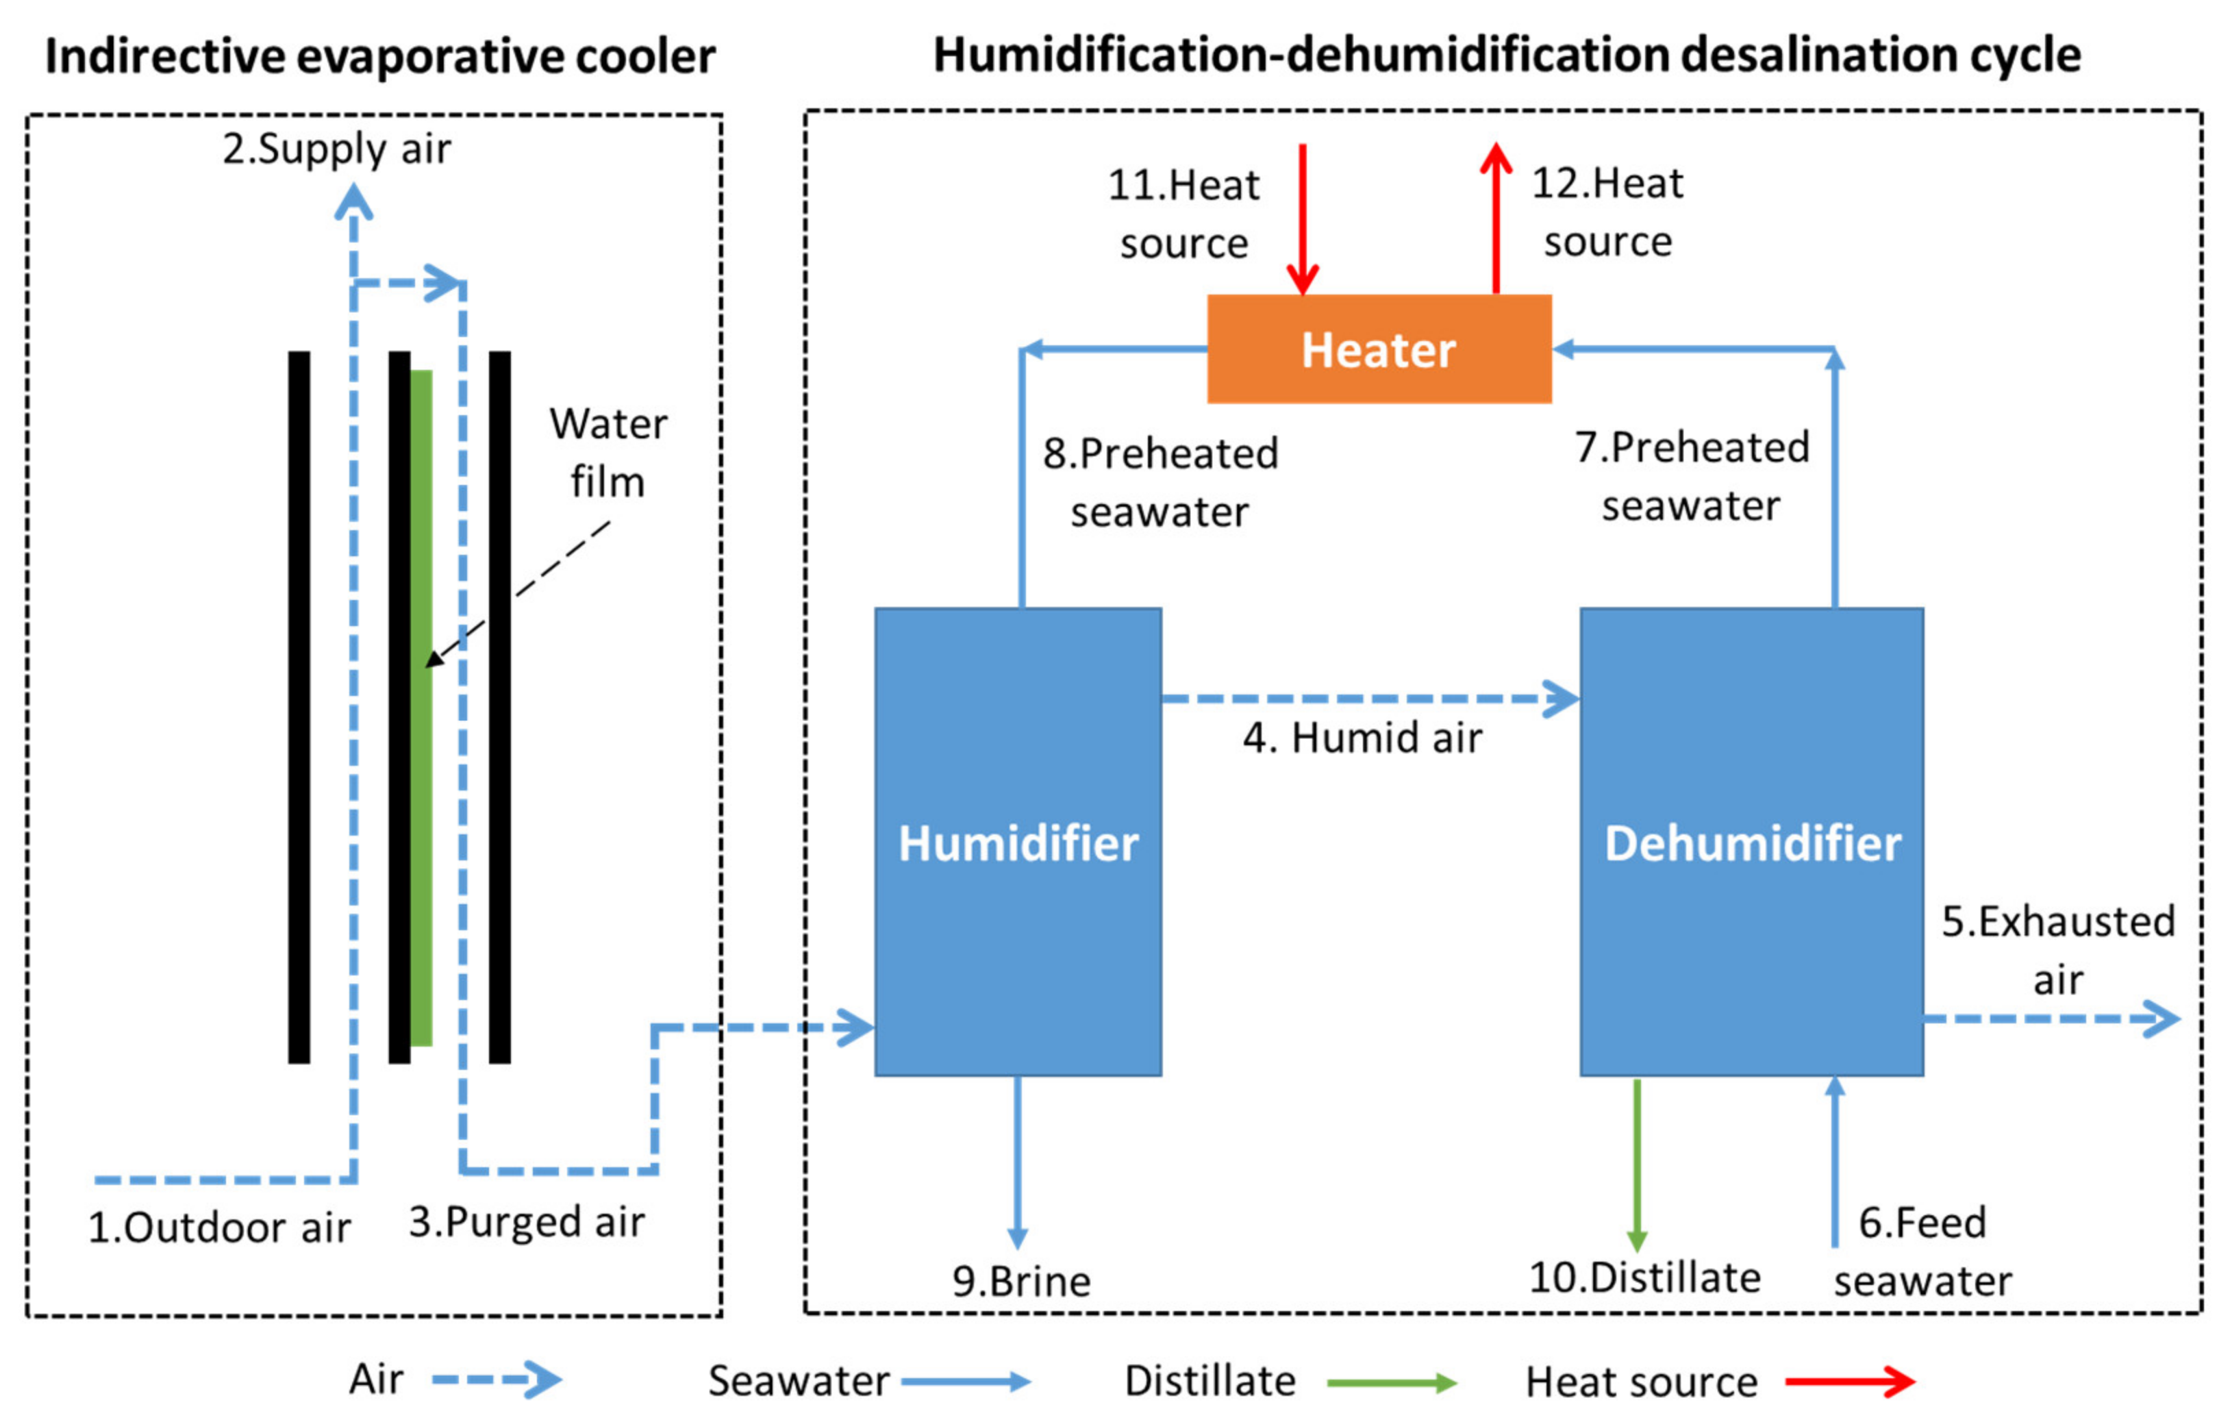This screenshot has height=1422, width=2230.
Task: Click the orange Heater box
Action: point(1379,349)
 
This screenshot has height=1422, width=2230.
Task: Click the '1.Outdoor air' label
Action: point(219,1227)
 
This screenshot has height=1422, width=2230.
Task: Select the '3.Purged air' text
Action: point(526,1222)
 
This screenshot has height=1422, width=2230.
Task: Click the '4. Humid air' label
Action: point(1362,738)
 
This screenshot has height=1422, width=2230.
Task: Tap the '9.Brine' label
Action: point(1021,1281)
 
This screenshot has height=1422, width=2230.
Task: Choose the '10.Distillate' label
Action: point(1644,1277)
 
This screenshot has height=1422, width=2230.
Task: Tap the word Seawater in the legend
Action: point(799,1381)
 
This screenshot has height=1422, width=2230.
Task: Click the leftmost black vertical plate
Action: point(299,706)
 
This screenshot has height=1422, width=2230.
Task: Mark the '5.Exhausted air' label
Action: point(2057,949)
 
